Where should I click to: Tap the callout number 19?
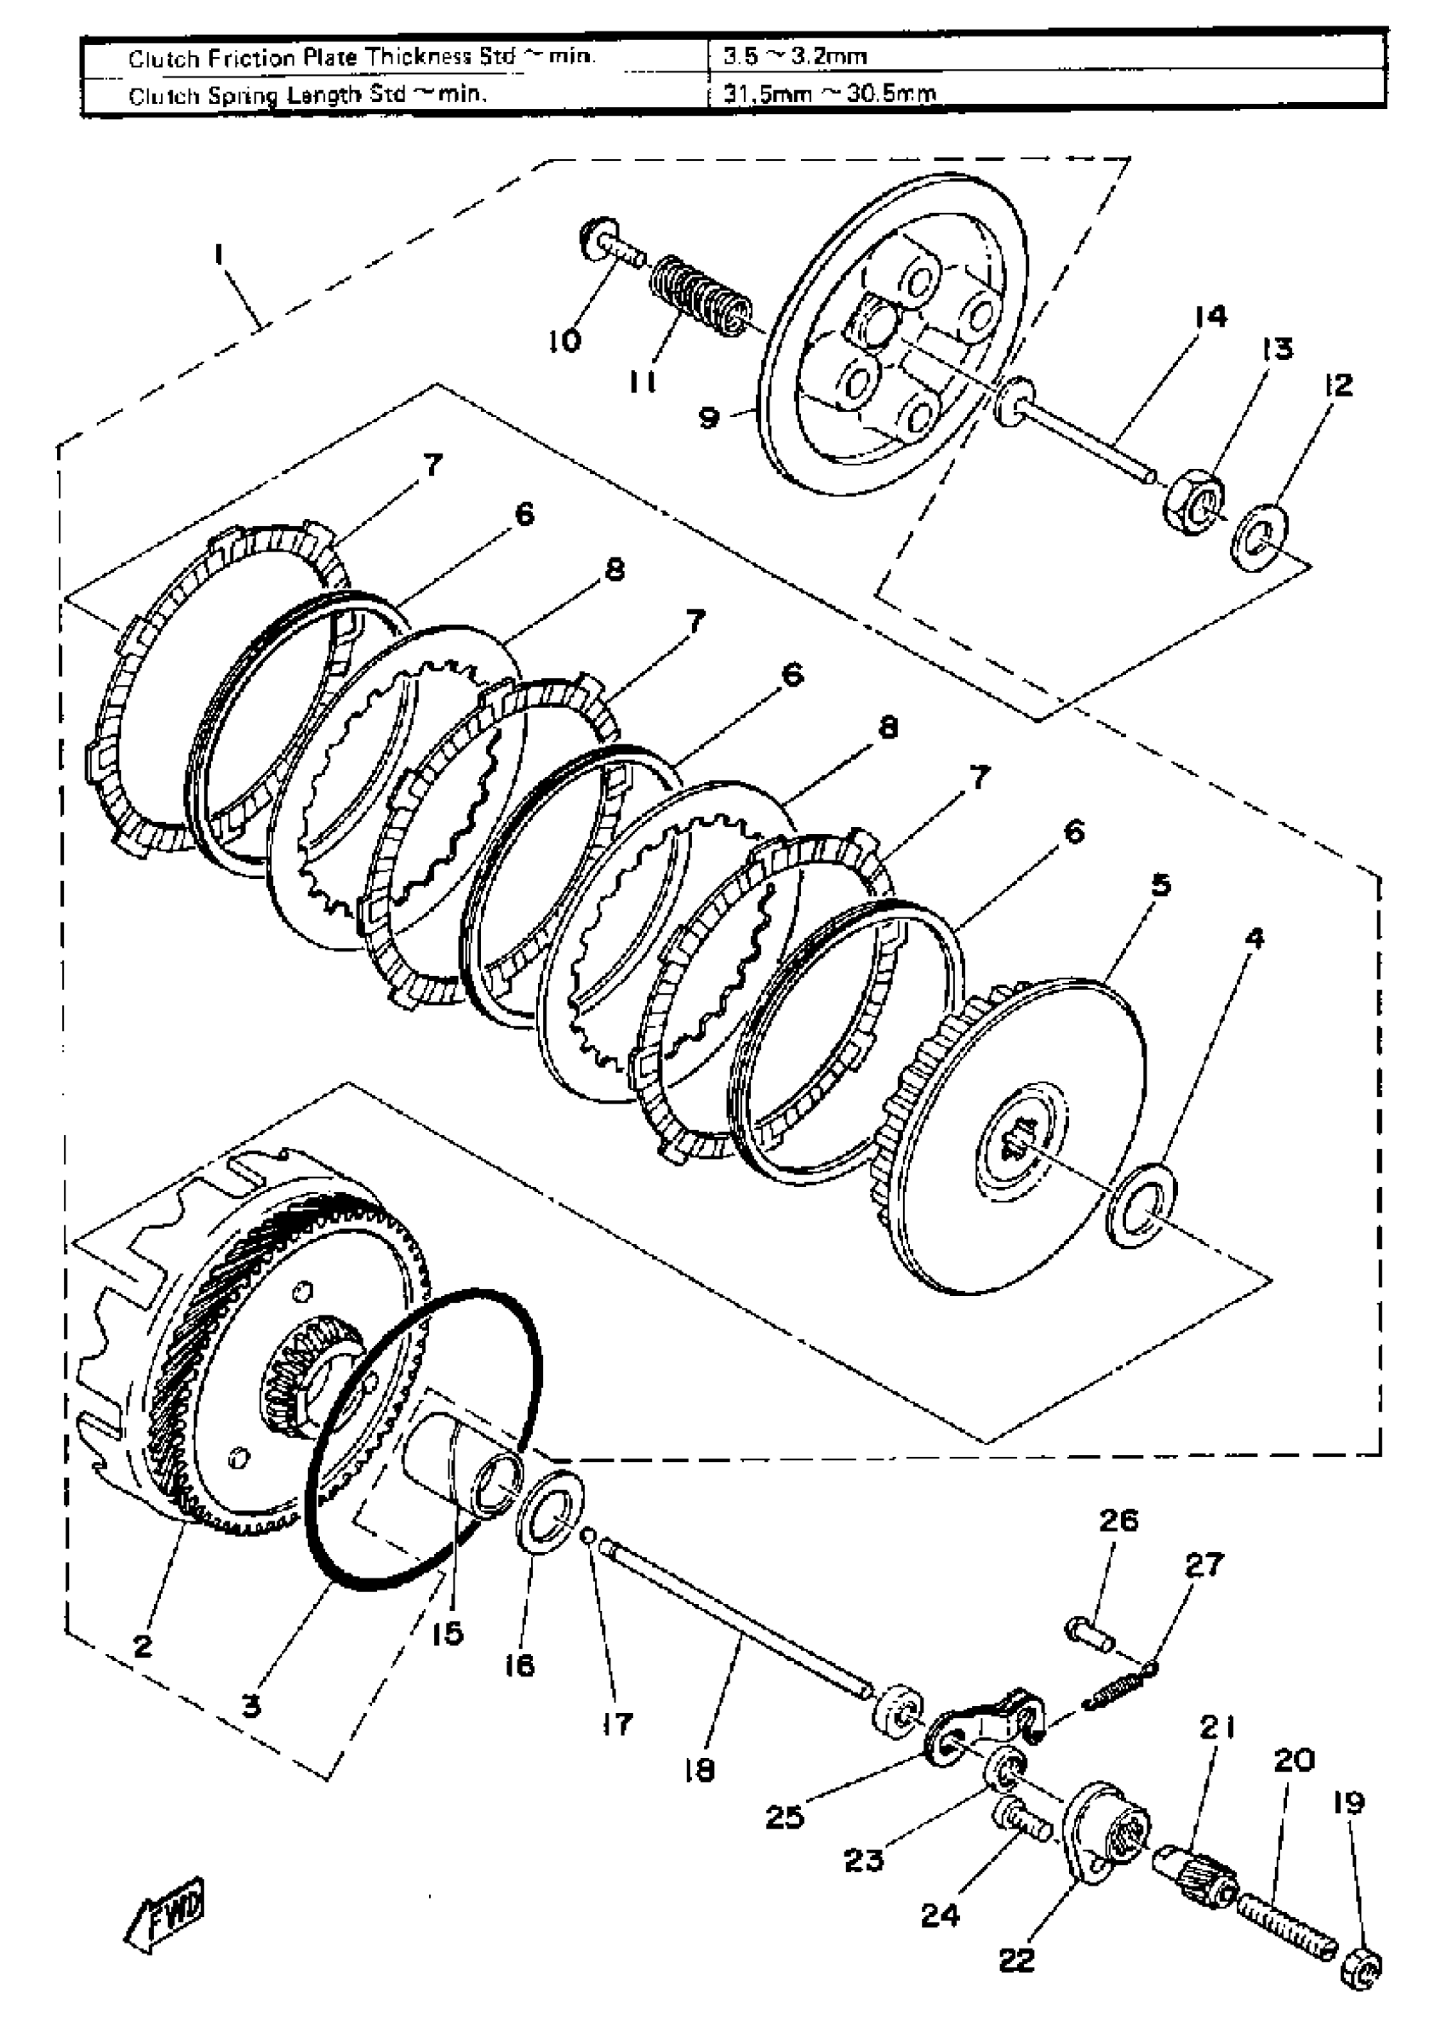click(1348, 1804)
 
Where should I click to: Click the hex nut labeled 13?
click(1195, 505)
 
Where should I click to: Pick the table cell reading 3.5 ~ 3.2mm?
click(795, 57)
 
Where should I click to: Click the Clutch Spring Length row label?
click(307, 94)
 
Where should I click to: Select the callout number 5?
click(1160, 885)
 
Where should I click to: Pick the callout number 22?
click(1017, 1960)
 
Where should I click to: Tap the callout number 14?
click(1211, 317)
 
